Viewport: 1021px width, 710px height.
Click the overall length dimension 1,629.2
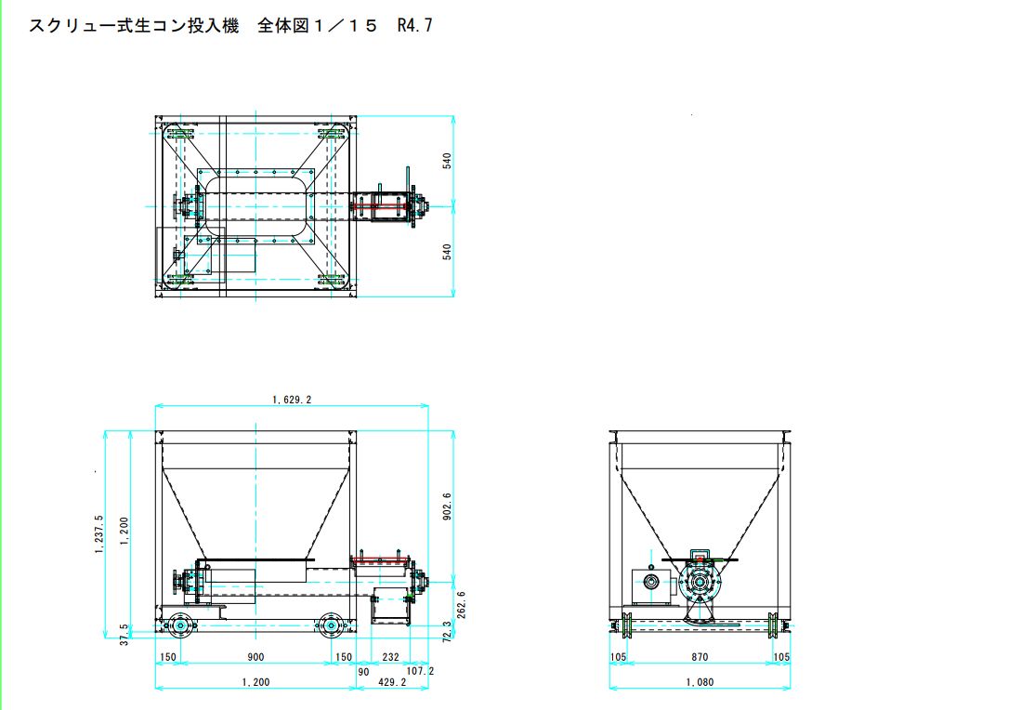[x=292, y=400]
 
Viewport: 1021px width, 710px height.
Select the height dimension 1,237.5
[x=99, y=534]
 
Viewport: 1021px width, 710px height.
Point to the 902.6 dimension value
[x=447, y=506]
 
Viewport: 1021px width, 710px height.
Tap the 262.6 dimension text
[x=462, y=605]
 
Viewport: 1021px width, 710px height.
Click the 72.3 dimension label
[x=447, y=632]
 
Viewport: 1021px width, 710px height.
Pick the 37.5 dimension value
[x=124, y=635]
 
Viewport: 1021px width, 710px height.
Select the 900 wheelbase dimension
[x=255, y=657]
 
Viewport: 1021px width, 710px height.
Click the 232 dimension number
[x=391, y=657]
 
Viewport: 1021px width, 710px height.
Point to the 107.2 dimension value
[x=420, y=670]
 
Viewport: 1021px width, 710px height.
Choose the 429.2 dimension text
[x=392, y=682]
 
